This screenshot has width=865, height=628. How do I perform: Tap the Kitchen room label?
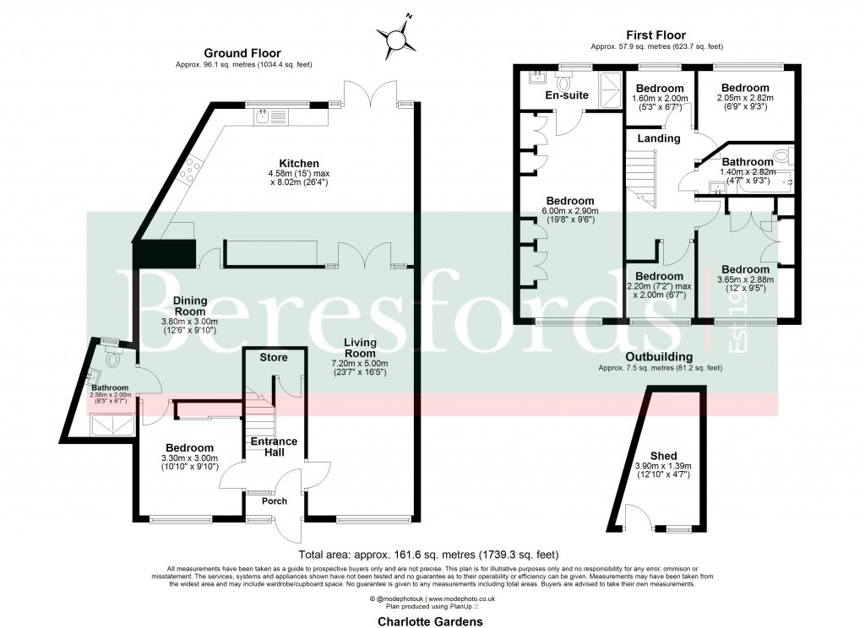[300, 164]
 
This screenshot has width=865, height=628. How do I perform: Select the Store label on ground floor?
[273, 358]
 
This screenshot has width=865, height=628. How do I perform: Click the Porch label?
[274, 501]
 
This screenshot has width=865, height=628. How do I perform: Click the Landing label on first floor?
[659, 138]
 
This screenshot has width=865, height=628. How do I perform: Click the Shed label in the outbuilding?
[663, 454]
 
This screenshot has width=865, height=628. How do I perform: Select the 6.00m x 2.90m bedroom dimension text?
[569, 212]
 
